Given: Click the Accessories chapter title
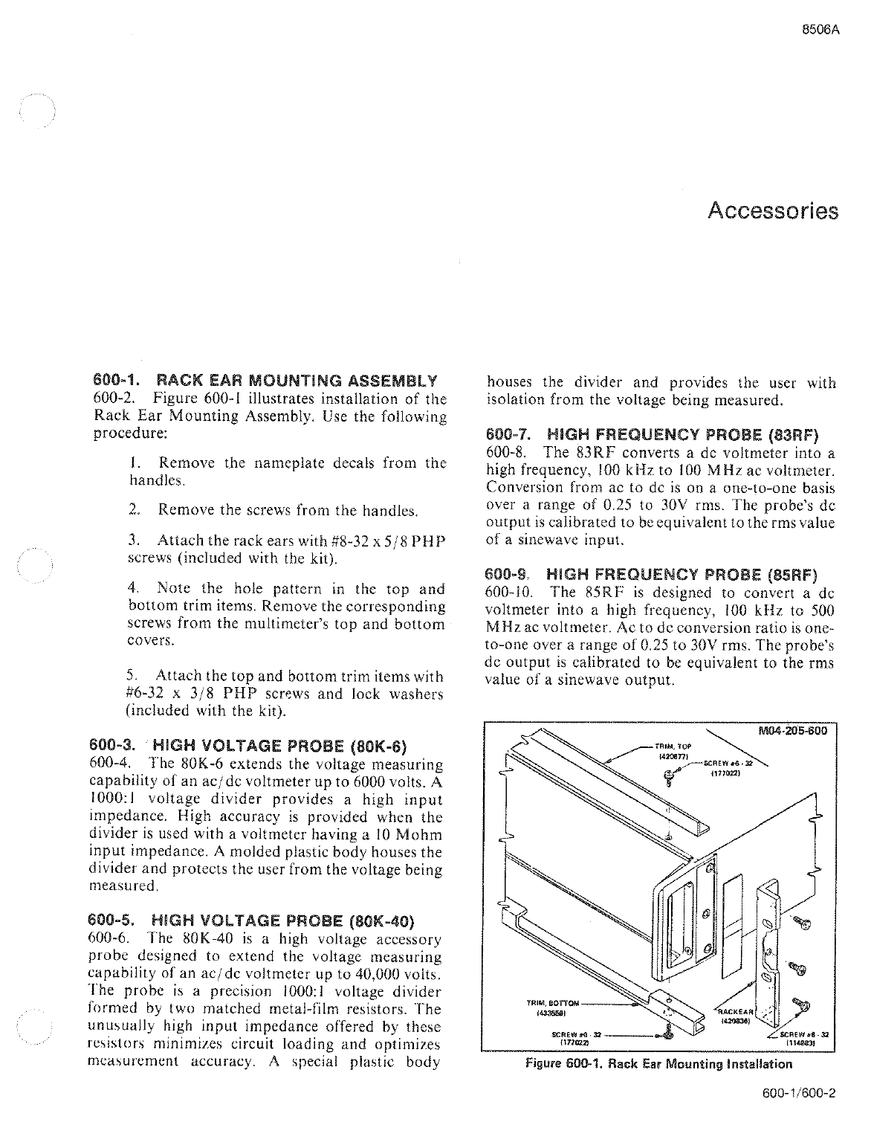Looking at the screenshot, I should pyautogui.click(x=773, y=211).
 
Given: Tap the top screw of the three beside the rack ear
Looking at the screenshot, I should pyautogui.click(x=802, y=923).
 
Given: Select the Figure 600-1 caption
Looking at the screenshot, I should pyautogui.click(x=658, y=1064).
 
